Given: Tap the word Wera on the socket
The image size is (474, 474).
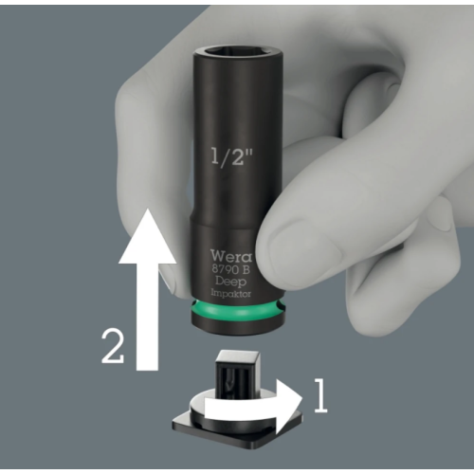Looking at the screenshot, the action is pos(231,256).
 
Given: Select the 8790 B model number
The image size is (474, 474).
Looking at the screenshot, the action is pos(231,270).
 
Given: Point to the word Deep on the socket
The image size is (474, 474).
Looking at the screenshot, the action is pos(231,282).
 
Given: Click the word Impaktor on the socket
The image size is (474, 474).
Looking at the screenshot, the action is pos(231,294).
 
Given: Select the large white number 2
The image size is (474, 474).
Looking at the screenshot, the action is pos(113,346).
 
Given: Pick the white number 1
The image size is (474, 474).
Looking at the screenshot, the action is pos(320,396).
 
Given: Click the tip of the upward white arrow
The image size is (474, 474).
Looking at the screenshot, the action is pos(147,210).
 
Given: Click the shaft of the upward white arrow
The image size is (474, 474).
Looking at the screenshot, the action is pos(147,316).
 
